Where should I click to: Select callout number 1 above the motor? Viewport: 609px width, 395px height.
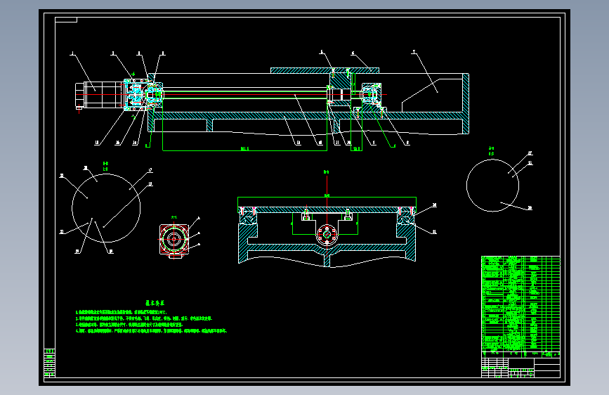coord(72,53)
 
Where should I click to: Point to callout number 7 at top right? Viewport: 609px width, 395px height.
coord(414,53)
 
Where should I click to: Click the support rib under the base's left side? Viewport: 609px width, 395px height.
coord(209,124)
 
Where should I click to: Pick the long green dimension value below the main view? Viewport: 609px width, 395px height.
coord(245,149)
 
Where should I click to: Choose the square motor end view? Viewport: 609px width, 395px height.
coord(173,240)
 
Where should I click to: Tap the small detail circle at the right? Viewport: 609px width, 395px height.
coord(492,184)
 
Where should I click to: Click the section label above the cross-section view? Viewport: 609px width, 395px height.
coord(326,171)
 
